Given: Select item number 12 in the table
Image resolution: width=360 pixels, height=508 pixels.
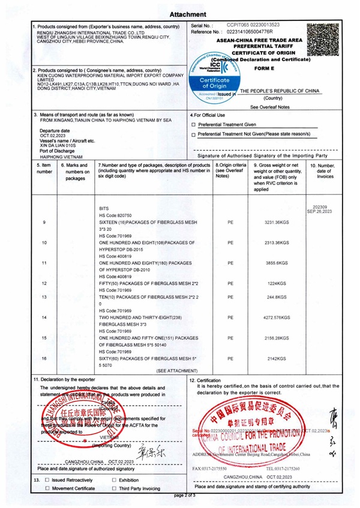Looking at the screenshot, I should pos(45,282).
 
